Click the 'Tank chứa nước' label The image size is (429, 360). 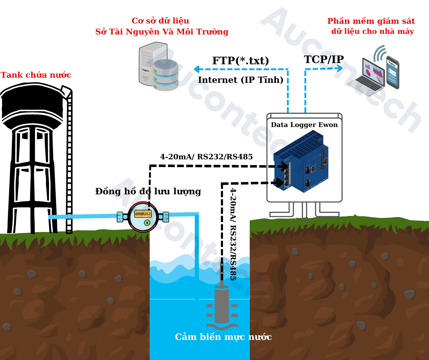click(36, 75)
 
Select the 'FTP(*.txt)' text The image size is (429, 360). click(240, 61)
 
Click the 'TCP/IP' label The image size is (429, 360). click(324, 59)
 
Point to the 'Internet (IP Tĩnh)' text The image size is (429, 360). click(241, 80)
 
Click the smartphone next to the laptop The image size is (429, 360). click(392, 72)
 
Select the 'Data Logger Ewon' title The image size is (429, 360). click(304, 125)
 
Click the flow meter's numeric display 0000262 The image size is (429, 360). click(143, 214)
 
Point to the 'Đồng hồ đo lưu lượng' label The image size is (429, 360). click(148, 191)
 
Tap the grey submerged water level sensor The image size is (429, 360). click(222, 305)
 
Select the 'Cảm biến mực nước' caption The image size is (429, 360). click(223, 337)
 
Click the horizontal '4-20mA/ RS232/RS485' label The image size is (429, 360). click(206, 157)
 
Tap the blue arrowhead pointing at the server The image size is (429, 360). click(197, 69)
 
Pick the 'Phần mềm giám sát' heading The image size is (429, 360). click(371, 21)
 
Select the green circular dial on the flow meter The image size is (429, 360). click(147, 223)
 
